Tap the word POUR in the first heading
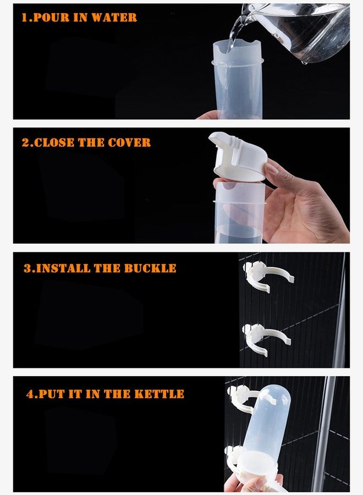pyautogui.click(x=51, y=18)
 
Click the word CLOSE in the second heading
pyautogui.click(x=54, y=142)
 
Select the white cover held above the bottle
pyautogui.click(x=238, y=157)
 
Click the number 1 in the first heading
pyautogui.click(x=24, y=18)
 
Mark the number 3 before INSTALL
pyautogui.click(x=28, y=268)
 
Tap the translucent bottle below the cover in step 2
pyautogui.click(x=240, y=212)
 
